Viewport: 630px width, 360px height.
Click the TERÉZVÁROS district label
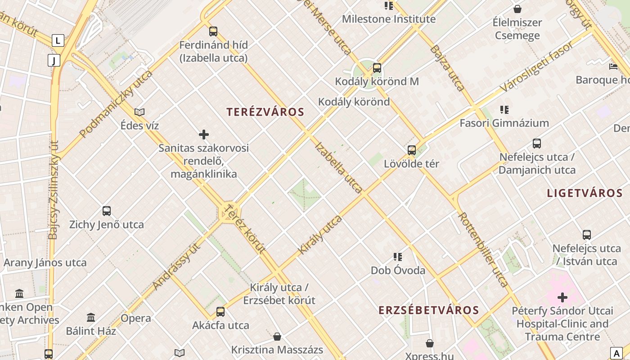(x=265, y=112)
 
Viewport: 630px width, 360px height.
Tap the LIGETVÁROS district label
(x=585, y=193)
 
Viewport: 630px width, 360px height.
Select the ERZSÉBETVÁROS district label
(x=428, y=310)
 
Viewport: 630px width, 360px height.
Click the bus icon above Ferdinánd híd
(x=213, y=31)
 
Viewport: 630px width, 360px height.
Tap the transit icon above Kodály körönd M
(x=377, y=68)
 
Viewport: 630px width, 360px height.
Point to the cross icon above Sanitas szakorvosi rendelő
(x=204, y=135)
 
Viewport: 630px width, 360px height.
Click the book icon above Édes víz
(x=139, y=112)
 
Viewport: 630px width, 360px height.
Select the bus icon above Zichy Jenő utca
(x=107, y=211)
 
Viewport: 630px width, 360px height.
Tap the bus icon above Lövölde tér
(x=412, y=150)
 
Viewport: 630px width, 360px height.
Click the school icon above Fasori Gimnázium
(x=504, y=109)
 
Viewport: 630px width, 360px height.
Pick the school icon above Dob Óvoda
(x=398, y=257)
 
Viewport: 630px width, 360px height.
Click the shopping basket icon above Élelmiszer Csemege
(x=517, y=9)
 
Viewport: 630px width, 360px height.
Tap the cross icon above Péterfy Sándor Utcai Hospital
(x=562, y=297)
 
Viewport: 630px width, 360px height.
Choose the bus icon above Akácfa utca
(x=220, y=311)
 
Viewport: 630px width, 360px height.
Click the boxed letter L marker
(x=58, y=40)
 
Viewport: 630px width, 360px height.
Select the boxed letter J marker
(x=54, y=60)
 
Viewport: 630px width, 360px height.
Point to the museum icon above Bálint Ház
(x=91, y=318)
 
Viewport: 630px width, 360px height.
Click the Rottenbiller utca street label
(x=483, y=249)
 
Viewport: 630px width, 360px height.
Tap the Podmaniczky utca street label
(x=116, y=104)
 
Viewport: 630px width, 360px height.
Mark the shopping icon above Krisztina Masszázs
(x=277, y=337)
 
